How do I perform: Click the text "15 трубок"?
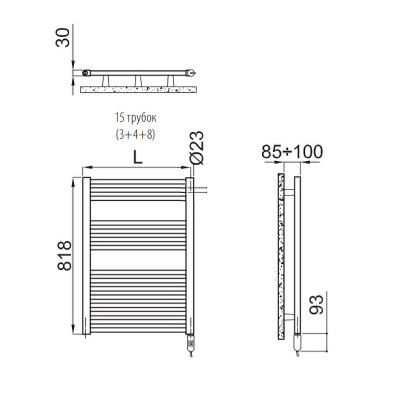[x=139, y=117]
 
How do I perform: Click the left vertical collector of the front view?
[x=87, y=255]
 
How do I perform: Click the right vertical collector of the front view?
[x=190, y=255]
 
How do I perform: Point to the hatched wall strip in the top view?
[x=139, y=90]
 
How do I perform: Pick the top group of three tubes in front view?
[x=138, y=190]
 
